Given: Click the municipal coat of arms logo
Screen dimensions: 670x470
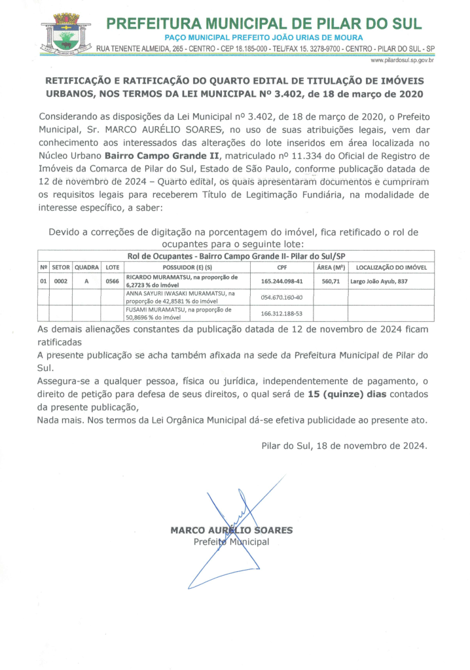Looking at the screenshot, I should click(x=65, y=35).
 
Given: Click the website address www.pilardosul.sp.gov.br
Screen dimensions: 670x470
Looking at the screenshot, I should click(x=403, y=60).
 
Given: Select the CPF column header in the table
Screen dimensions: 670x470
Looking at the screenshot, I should click(x=282, y=267).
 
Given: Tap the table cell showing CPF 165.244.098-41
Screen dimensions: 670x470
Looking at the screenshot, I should click(x=282, y=281).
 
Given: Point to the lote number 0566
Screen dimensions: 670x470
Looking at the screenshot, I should click(x=112, y=281).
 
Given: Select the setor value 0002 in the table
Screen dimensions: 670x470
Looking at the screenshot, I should click(x=61, y=281).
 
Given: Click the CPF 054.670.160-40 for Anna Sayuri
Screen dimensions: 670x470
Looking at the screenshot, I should click(x=282, y=297).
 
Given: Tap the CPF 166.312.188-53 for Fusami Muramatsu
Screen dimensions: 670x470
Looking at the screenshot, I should click(x=282, y=313).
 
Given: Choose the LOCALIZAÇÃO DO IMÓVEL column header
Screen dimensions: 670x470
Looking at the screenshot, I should click(x=391, y=267).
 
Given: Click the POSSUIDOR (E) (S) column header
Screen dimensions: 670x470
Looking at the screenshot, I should click(x=187, y=267).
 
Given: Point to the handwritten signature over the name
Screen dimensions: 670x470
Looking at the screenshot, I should click(x=232, y=523).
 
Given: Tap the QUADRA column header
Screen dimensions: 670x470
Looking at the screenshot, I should click(x=86, y=267).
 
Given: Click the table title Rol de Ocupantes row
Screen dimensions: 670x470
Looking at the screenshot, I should click(x=235, y=256).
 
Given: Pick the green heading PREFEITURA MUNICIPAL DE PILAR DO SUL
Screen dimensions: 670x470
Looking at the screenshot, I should click(x=264, y=24).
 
